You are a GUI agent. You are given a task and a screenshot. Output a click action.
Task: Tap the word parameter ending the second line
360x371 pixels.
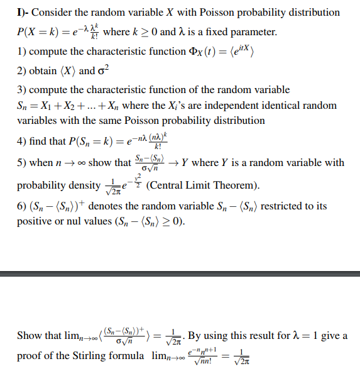(252, 31)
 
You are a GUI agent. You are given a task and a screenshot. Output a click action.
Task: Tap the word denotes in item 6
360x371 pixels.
(107, 206)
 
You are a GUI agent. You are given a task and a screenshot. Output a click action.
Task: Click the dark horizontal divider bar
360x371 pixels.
(180, 274)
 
